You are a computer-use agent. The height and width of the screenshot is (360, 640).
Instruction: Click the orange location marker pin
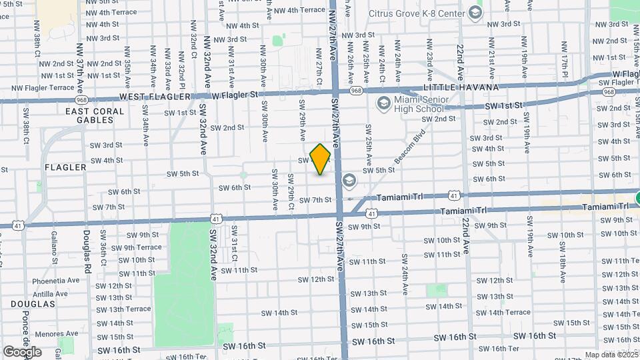coord(321,159)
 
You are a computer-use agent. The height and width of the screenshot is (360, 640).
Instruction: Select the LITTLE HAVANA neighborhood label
coord(460,87)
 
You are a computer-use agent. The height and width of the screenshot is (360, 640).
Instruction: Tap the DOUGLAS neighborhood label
coord(33,303)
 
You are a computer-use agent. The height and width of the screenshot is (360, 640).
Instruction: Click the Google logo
coord(22,351)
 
